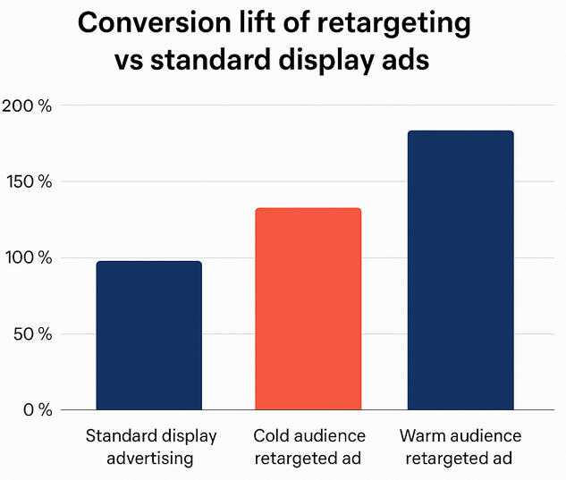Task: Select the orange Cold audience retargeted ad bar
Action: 308,309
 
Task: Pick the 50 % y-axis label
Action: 31,334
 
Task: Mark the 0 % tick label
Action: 36,410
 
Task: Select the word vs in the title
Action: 130,63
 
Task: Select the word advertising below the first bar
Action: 149,459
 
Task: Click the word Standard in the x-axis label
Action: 118,436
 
